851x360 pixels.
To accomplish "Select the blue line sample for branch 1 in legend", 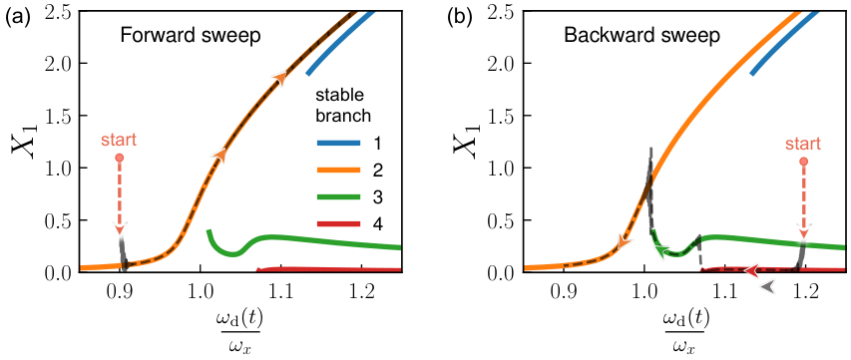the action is pos(338,144).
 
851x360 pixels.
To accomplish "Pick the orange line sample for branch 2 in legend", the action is pos(338,172).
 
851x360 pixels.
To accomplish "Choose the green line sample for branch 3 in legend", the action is pos(338,198).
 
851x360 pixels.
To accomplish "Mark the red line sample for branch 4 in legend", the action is pos(338,225).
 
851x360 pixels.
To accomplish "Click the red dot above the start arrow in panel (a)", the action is pos(120,158).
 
